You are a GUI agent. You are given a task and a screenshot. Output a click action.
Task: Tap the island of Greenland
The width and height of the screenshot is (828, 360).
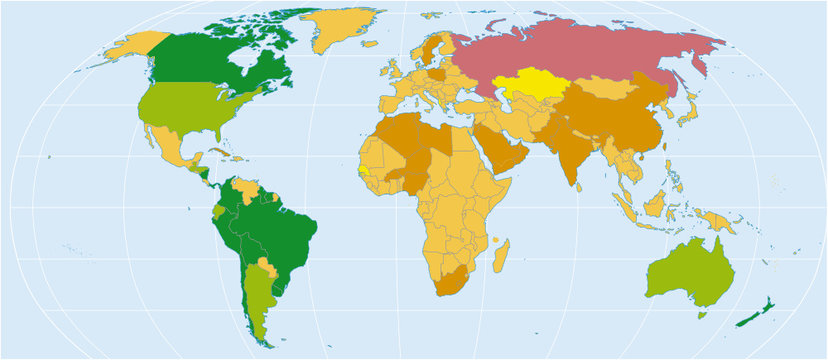click(x=345, y=30)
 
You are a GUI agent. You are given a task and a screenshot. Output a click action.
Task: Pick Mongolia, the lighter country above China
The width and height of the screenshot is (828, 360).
click(x=610, y=87)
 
